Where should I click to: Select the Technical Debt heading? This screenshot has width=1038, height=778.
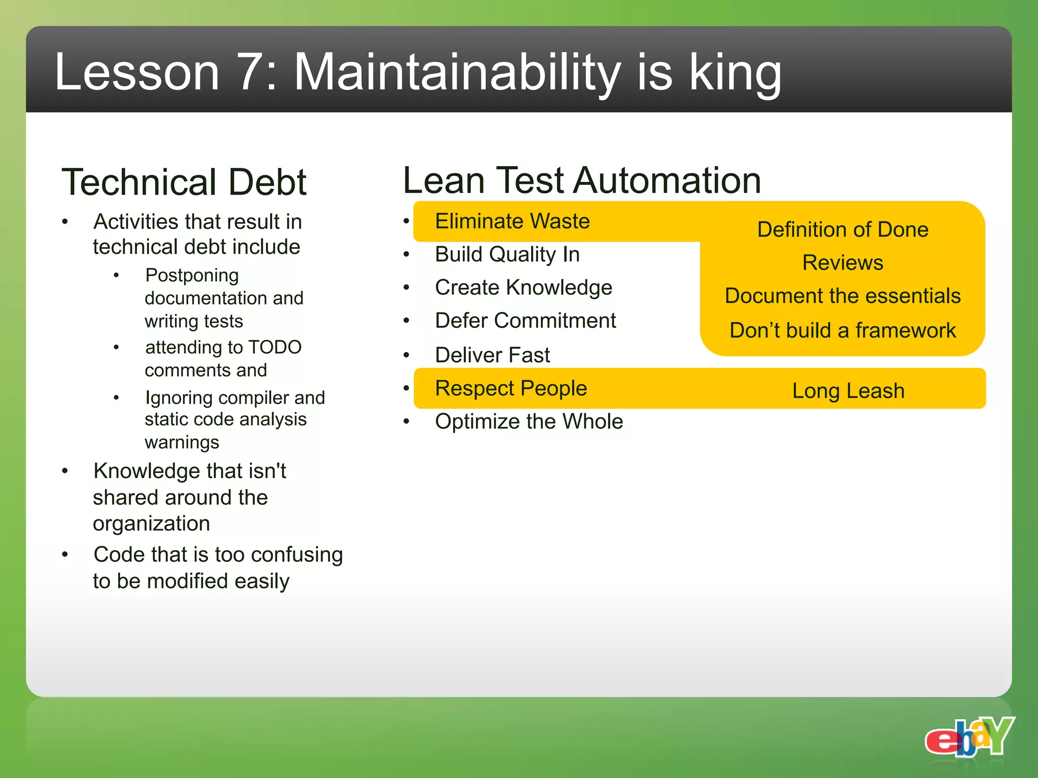[x=184, y=182]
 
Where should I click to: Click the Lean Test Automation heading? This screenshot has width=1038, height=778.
[x=582, y=180]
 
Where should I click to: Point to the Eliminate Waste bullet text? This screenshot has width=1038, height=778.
[x=512, y=221]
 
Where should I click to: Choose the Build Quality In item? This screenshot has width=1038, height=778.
[x=507, y=254]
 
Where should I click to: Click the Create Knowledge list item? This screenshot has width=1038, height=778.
[x=523, y=288]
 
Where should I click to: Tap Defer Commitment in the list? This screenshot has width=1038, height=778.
[x=525, y=321]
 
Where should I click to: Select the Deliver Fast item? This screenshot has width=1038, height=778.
[x=492, y=355]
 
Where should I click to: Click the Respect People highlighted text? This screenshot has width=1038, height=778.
[x=510, y=388]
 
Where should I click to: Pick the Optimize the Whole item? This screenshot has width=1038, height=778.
[x=529, y=421]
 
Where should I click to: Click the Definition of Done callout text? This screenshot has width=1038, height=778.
[x=842, y=229]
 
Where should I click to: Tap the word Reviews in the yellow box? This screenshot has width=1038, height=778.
[x=842, y=263]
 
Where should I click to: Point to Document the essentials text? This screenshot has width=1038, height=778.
[x=842, y=296]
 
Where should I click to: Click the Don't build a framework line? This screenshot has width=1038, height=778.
[x=842, y=330]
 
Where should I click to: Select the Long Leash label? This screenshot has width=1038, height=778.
[x=848, y=391]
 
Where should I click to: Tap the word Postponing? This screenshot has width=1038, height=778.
[x=192, y=276]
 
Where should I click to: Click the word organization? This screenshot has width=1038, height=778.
[x=151, y=524]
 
